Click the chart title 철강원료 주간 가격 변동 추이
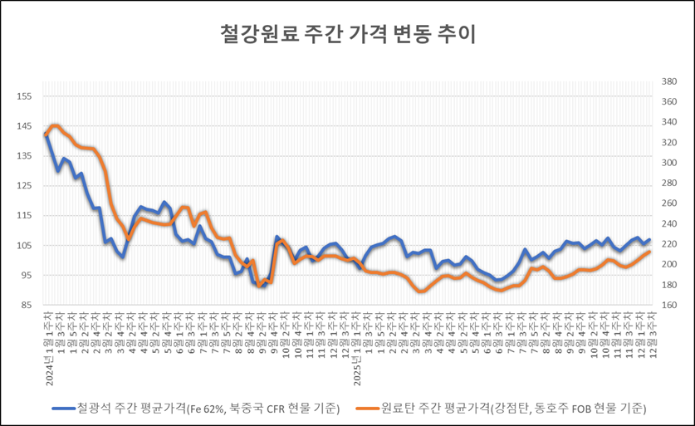[x=346, y=35]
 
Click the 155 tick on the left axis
[x=24, y=96]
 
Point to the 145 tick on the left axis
[x=24, y=126]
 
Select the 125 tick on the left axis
[x=24, y=186]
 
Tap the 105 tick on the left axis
[x=24, y=246]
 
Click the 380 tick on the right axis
[x=670, y=82]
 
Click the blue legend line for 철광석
[x=62, y=408]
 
